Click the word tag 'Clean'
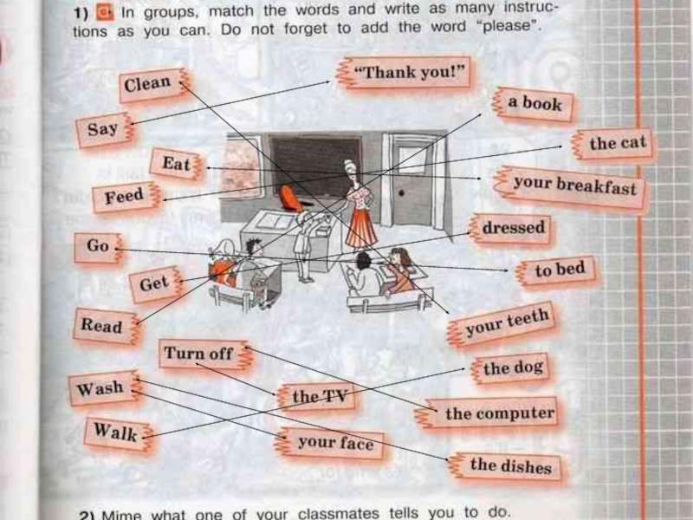click(x=149, y=84)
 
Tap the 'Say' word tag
click(x=103, y=130)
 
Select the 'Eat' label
click(x=176, y=164)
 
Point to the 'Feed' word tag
click(x=125, y=198)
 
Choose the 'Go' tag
click(x=98, y=246)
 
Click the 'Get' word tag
click(x=154, y=283)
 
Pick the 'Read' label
click(x=102, y=326)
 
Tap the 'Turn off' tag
click(x=198, y=353)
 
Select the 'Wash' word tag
click(x=100, y=388)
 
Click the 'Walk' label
click(x=115, y=431)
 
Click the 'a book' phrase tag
click(x=534, y=103)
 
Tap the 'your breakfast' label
click(x=573, y=185)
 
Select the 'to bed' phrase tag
click(x=560, y=270)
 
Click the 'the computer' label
click(x=499, y=413)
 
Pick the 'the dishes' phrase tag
click(x=510, y=465)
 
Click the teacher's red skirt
click(x=361, y=227)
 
